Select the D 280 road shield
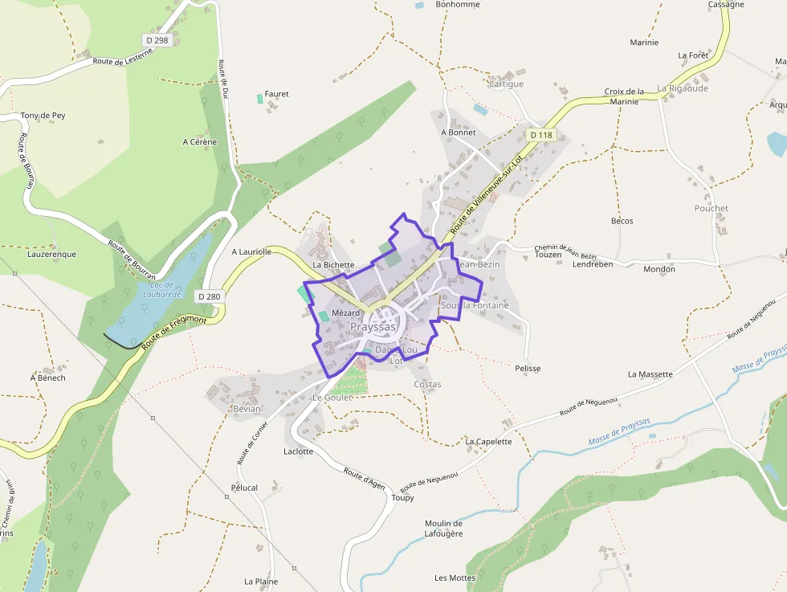pyautogui.click(x=209, y=296)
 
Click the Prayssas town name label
pyautogui.click(x=373, y=327)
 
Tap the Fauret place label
pyautogui.click(x=276, y=94)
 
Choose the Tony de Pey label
pyautogui.click(x=43, y=116)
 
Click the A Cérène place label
pyautogui.click(x=200, y=142)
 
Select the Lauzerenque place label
pyautogui.click(x=51, y=255)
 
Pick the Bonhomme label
pyautogui.click(x=457, y=5)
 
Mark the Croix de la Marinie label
pyautogui.click(x=624, y=96)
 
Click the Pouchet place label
pyautogui.click(x=711, y=209)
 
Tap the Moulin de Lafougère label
pyautogui.click(x=443, y=529)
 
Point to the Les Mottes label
pyautogui.click(x=455, y=578)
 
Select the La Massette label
pyautogui.click(x=650, y=374)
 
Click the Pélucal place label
pyautogui.click(x=244, y=488)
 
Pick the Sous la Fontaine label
pyautogui.click(x=475, y=306)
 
